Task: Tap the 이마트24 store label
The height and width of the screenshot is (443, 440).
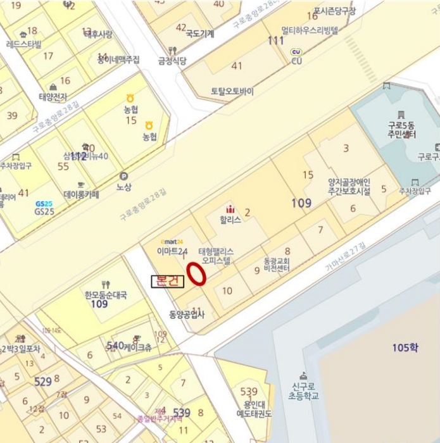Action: [170, 250]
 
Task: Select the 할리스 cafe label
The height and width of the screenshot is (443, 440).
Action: [230, 220]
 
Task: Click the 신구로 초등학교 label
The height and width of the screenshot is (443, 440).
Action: [301, 391]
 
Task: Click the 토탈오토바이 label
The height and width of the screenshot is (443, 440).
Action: [232, 91]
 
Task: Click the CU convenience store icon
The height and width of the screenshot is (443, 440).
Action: [296, 52]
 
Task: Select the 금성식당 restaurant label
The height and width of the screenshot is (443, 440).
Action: [172, 61]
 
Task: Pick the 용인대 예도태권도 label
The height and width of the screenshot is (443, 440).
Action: [253, 409]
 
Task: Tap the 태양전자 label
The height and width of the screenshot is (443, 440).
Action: [53, 97]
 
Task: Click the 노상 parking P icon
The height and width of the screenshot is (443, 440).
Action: [123, 177]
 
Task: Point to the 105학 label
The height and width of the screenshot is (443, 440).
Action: [405, 347]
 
